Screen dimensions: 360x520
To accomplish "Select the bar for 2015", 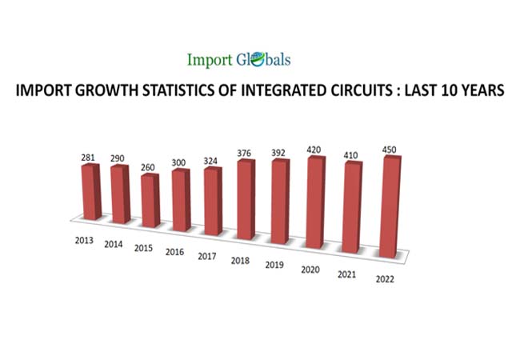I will coord(150,200).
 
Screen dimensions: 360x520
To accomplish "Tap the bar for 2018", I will coord(245,202).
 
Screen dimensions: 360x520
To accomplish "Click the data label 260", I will coord(150,167).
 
